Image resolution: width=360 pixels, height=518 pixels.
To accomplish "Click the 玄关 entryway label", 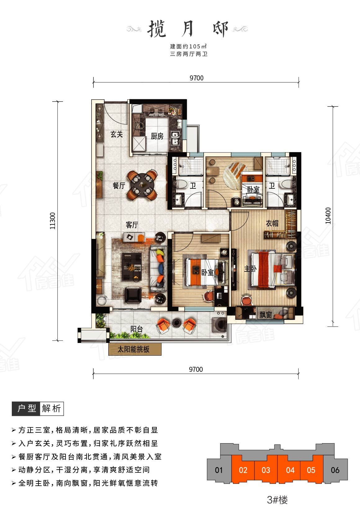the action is (116, 134).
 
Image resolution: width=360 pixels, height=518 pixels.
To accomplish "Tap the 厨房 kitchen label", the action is (157, 136).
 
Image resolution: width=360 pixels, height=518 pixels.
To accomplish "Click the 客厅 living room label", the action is (132, 225).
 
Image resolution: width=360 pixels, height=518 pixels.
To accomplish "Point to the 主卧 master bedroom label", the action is (250, 269).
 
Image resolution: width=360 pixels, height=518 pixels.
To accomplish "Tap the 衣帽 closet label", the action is (272, 223).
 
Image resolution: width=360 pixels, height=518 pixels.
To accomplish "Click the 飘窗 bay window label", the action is (265, 314).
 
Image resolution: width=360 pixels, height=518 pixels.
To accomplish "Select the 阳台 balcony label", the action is (137, 329).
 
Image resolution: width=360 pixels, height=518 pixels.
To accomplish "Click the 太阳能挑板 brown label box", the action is (135, 349).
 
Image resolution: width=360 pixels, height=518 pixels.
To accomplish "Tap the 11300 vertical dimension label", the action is (53, 221).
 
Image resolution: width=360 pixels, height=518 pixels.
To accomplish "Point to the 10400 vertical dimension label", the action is (328, 215).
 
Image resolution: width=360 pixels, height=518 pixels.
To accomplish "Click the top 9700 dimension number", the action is (196, 78).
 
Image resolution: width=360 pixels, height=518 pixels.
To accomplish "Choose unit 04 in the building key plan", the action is (290, 470).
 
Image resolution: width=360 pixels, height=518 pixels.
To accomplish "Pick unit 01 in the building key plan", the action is (219, 470).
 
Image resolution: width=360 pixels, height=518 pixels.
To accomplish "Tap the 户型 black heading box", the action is (26, 408).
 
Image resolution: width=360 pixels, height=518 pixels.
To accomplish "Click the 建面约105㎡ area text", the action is (188, 46).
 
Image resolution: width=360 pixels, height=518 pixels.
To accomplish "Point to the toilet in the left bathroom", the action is (182, 184).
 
